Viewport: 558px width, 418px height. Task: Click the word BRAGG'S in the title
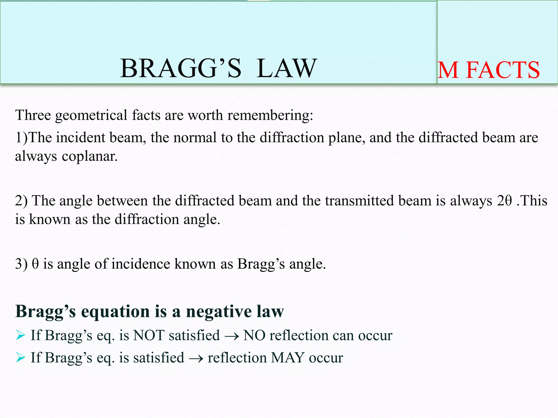tap(181, 68)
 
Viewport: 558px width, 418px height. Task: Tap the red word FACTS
tap(503, 70)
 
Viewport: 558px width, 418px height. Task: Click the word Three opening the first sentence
tap(33, 115)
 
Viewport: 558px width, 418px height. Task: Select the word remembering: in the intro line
tap(270, 115)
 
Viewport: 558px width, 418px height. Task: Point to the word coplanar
tap(90, 156)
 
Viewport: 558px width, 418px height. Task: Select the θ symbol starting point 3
tap(35, 264)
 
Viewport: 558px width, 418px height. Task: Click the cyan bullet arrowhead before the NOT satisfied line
tap(20, 335)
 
